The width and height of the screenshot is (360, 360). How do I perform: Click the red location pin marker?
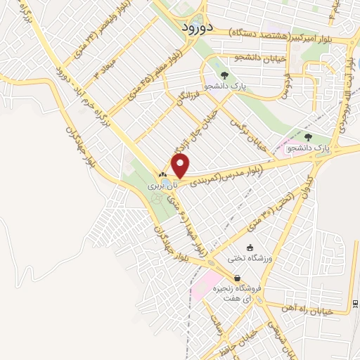click(x=181, y=167)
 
